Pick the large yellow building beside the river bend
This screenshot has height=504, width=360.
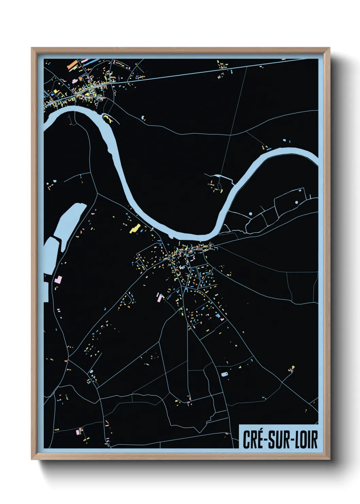tap(135, 228)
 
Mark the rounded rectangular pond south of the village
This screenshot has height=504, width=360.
tap(224, 374)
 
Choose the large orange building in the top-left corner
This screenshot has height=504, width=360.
tap(72, 64)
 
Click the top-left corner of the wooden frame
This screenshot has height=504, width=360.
tap(32, 48)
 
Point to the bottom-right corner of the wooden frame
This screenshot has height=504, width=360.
tap(329, 459)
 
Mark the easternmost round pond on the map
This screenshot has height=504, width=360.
tap(296, 202)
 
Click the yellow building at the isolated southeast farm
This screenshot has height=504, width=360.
tap(293, 367)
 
